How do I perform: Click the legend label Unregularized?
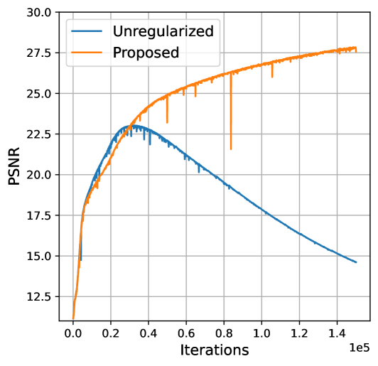coord(163,31)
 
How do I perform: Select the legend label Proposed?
coord(146,53)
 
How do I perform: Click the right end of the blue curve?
coord(356,262)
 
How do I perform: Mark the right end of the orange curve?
coord(356,48)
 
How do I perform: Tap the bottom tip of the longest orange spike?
coord(231,150)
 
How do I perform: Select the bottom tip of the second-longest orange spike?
coord(167,123)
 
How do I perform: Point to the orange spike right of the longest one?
coord(272,76)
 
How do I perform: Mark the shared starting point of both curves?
coord(73,319)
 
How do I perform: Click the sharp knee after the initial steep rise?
coord(84,207)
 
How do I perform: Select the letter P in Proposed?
coord(117,53)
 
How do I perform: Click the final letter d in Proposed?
coord(174,53)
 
